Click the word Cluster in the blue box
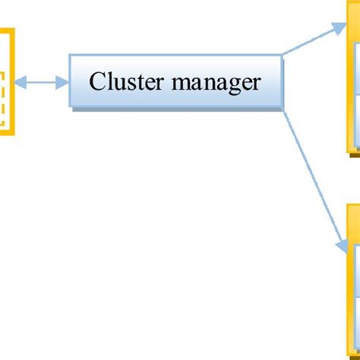pyautogui.click(x=126, y=81)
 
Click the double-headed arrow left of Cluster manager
pyautogui.click(x=43, y=82)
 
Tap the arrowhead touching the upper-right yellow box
pyautogui.click(x=339, y=27)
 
